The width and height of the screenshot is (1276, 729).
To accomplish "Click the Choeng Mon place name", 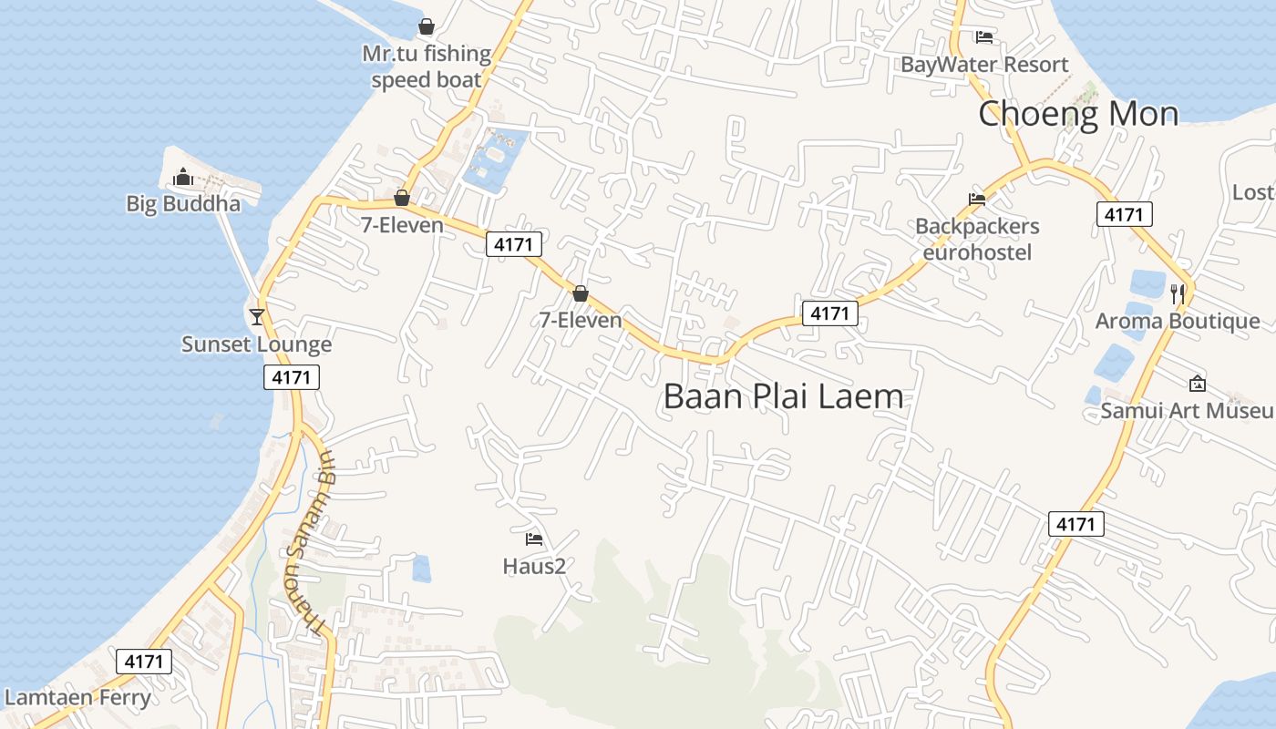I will (x=1078, y=114).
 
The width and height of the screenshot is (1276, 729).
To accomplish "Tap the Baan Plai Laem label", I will (x=783, y=396).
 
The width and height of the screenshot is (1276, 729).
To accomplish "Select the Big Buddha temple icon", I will (x=183, y=176).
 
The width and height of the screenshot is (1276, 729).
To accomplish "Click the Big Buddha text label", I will (x=183, y=203).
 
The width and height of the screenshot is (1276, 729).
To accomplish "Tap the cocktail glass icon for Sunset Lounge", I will (x=257, y=316).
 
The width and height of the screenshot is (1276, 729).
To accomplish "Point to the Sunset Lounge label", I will (x=256, y=344).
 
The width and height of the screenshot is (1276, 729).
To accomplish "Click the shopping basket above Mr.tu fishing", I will (x=426, y=26).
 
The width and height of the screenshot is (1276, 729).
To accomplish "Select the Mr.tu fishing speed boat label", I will (x=427, y=67).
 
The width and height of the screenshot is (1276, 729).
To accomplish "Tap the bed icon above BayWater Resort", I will (x=983, y=37).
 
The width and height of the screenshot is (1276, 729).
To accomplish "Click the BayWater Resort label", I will (x=984, y=65).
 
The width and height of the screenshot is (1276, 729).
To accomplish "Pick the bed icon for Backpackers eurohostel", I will (x=977, y=199).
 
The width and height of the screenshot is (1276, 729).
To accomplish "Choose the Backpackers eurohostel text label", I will (x=977, y=239).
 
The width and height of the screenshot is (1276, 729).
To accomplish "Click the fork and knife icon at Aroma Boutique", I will (x=1178, y=293).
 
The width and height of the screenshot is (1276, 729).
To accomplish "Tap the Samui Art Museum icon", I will (x=1198, y=384).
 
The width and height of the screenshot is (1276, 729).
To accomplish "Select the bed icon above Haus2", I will (x=534, y=539).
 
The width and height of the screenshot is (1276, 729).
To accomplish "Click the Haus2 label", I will (x=534, y=567).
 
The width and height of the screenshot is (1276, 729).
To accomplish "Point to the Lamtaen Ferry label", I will (x=77, y=698).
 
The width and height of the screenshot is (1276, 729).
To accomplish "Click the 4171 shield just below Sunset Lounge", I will (x=292, y=377).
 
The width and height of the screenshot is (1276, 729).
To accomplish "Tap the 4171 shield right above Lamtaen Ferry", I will (x=144, y=662).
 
